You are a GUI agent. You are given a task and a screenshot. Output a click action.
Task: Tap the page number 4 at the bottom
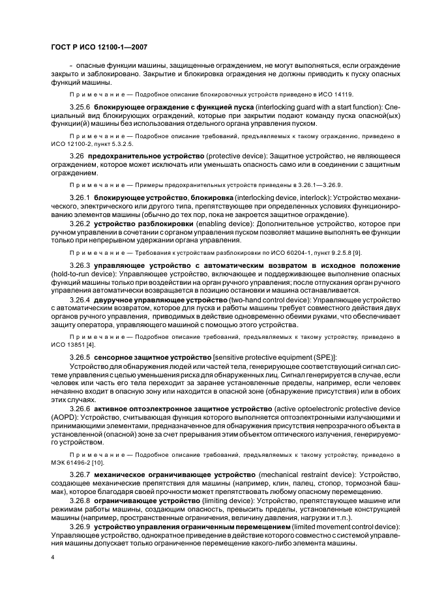pyautogui.click(x=52, y=558)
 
